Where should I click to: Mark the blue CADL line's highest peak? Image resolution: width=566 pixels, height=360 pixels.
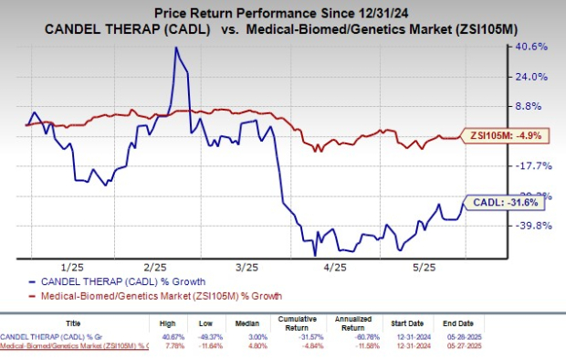point(176,48)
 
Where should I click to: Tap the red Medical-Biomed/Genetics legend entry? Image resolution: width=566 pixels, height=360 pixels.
point(149,296)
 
